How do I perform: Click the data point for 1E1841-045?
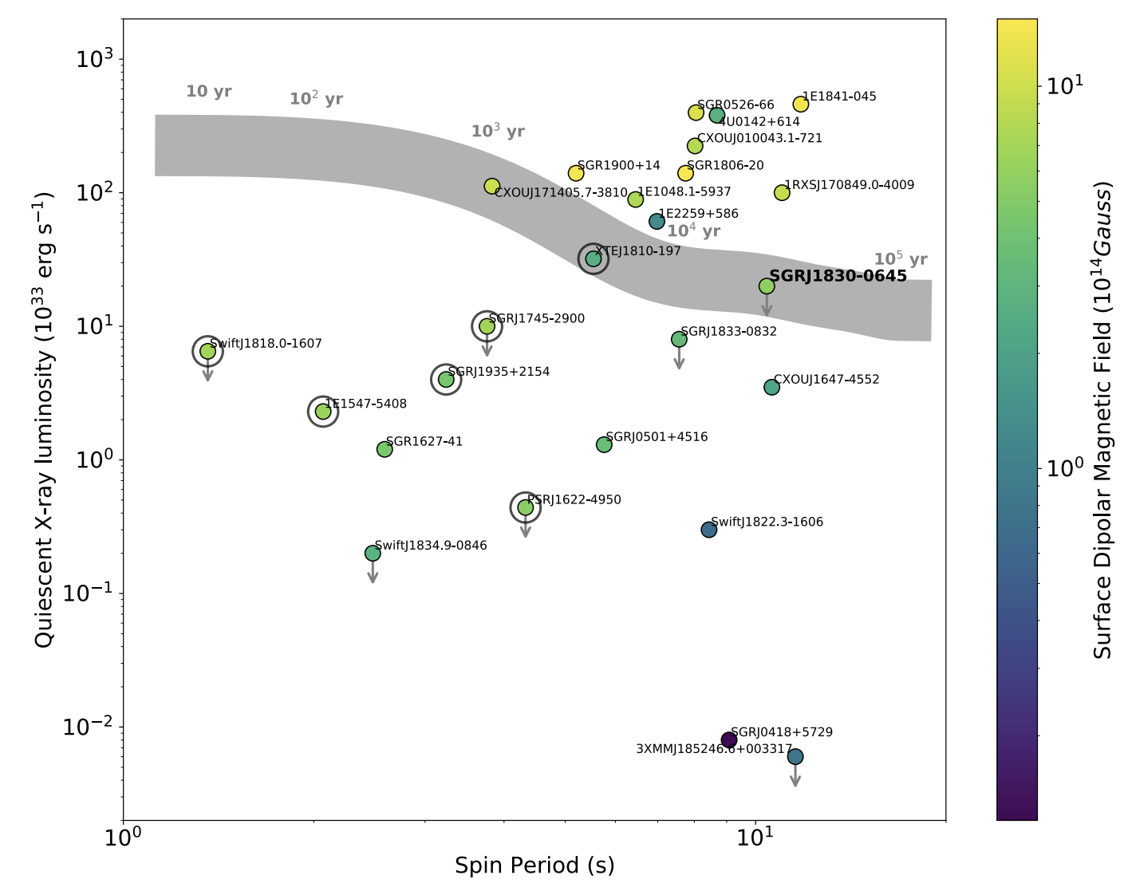pyautogui.click(x=801, y=104)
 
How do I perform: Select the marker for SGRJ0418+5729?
pyautogui.click(x=729, y=740)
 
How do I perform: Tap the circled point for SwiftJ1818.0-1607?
pyautogui.click(x=207, y=351)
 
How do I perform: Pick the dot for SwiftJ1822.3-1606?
pyautogui.click(x=709, y=530)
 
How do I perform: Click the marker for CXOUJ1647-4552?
pyautogui.click(x=771, y=387)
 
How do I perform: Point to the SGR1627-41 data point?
pyautogui.click(x=385, y=449)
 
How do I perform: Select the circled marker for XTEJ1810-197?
pyautogui.click(x=594, y=258)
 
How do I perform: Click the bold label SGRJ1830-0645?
pyautogui.click(x=838, y=276)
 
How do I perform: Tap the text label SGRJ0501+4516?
pyautogui.click(x=657, y=437)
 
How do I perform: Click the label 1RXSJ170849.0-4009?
pyautogui.click(x=849, y=185)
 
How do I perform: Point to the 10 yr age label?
pyautogui.click(x=209, y=92)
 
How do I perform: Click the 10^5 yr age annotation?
pyautogui.click(x=901, y=259)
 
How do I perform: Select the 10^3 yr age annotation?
pyautogui.click(x=498, y=132)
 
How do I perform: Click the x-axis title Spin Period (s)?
pyautogui.click(x=534, y=865)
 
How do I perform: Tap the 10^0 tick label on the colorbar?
pyautogui.click(x=1064, y=468)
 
